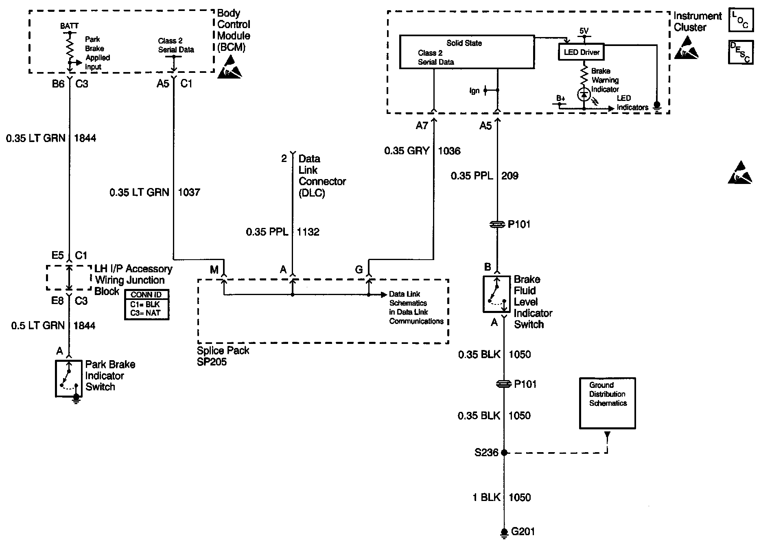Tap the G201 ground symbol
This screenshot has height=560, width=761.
click(x=504, y=533)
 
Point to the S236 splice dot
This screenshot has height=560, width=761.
click(x=504, y=452)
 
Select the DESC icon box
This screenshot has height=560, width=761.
click(x=740, y=52)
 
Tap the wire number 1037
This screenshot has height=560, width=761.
click(x=189, y=192)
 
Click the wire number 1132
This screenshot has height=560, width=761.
click(x=308, y=232)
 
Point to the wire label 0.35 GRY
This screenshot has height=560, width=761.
click(x=407, y=151)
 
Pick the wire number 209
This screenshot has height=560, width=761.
click(x=510, y=176)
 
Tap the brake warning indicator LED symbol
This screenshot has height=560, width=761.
click(x=584, y=94)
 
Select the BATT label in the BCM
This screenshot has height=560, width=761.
click(x=69, y=26)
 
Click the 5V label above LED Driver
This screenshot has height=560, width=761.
click(x=584, y=31)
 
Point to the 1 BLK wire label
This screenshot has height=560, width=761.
click(x=486, y=497)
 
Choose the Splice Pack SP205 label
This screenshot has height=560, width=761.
click(x=223, y=356)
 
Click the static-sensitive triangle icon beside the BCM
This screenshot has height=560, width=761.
click(x=230, y=66)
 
